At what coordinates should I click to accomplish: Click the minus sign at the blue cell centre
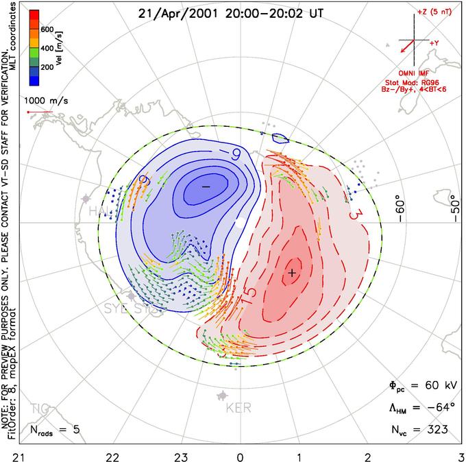[206, 186]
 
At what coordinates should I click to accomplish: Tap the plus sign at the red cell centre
[293, 273]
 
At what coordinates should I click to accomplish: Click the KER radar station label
[238, 409]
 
